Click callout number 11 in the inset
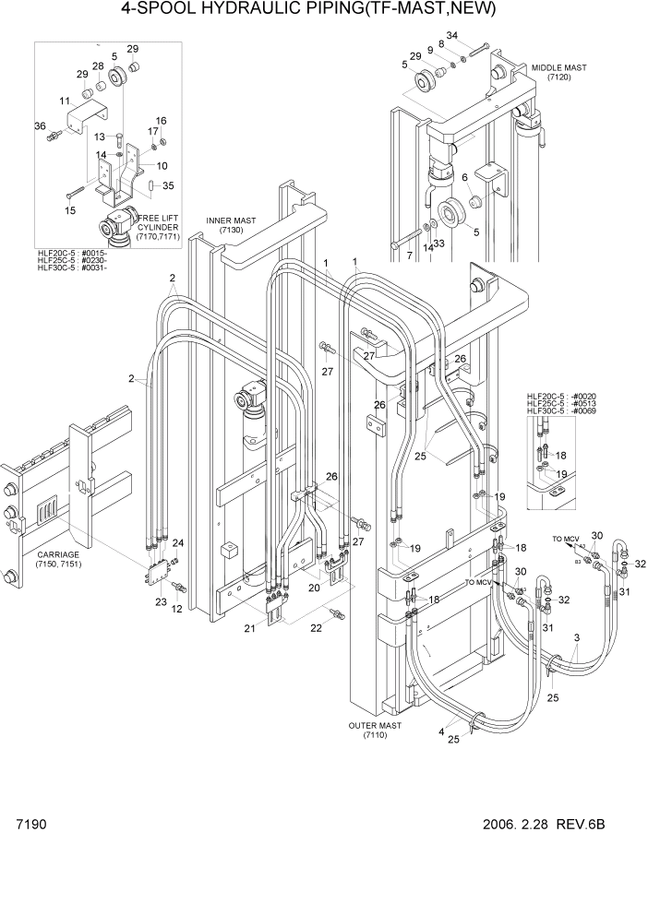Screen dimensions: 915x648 click(x=65, y=101)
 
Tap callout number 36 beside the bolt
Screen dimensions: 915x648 click(x=40, y=126)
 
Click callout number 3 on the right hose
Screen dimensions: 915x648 click(x=578, y=638)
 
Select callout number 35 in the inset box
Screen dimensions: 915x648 click(x=168, y=185)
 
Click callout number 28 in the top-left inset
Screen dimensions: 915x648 click(x=97, y=66)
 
